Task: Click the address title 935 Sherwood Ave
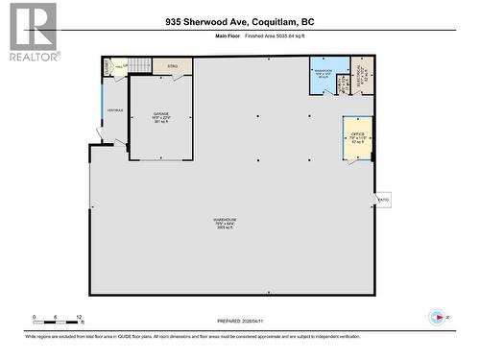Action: (x=239, y=20)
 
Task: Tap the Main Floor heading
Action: (x=226, y=36)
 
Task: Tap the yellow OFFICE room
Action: (x=358, y=138)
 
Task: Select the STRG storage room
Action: (x=173, y=66)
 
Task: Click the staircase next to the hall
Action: (x=140, y=65)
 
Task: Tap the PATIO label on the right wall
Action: (x=383, y=200)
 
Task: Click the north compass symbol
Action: (x=438, y=317)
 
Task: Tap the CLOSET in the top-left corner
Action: (x=108, y=65)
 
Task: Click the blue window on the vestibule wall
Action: (x=102, y=106)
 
